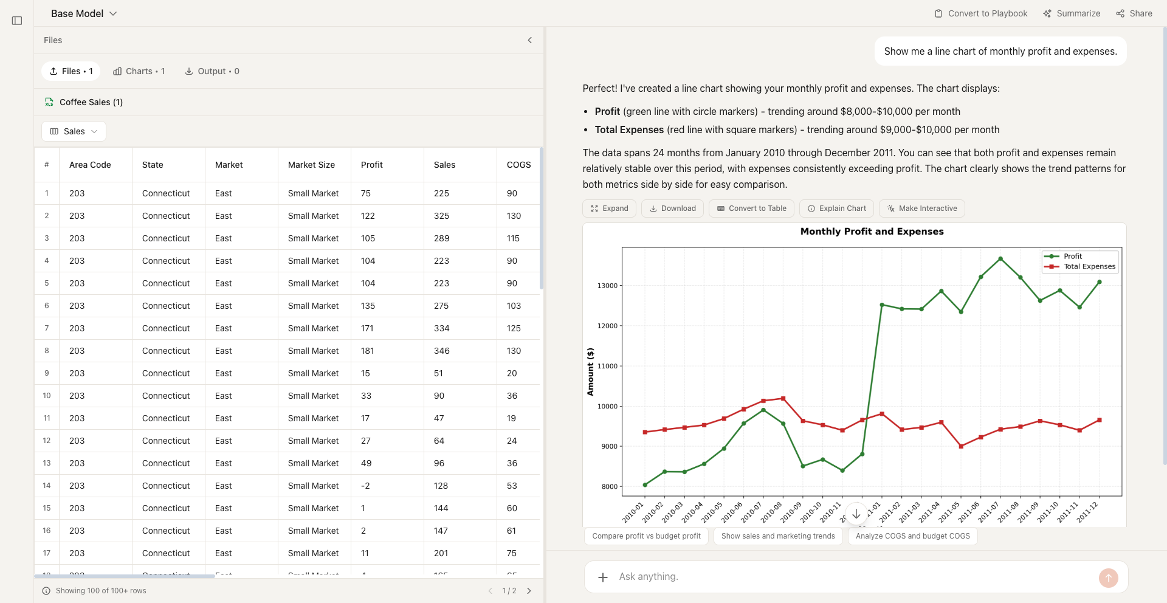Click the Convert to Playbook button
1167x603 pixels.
pos(981,13)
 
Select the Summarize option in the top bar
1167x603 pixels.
pos(1072,13)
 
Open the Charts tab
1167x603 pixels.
pos(139,71)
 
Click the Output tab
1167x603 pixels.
pos(212,71)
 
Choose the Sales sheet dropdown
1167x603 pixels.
pos(74,131)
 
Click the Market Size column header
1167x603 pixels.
pos(311,165)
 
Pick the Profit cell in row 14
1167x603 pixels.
pos(365,486)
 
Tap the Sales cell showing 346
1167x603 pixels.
pos(442,351)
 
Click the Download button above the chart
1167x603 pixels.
pos(672,208)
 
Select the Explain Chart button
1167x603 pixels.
pos(836,208)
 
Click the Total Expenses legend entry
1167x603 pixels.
pos(1089,266)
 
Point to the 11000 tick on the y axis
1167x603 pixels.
pos(607,366)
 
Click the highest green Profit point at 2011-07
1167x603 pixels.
pos(1000,259)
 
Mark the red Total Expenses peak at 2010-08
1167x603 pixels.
pos(783,399)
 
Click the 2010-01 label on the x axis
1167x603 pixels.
pos(633,512)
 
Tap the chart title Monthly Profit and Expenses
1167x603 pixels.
pos(872,232)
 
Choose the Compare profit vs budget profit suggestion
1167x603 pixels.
pos(646,536)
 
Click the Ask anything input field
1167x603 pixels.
pos(851,576)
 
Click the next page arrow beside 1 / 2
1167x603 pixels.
pos(529,591)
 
